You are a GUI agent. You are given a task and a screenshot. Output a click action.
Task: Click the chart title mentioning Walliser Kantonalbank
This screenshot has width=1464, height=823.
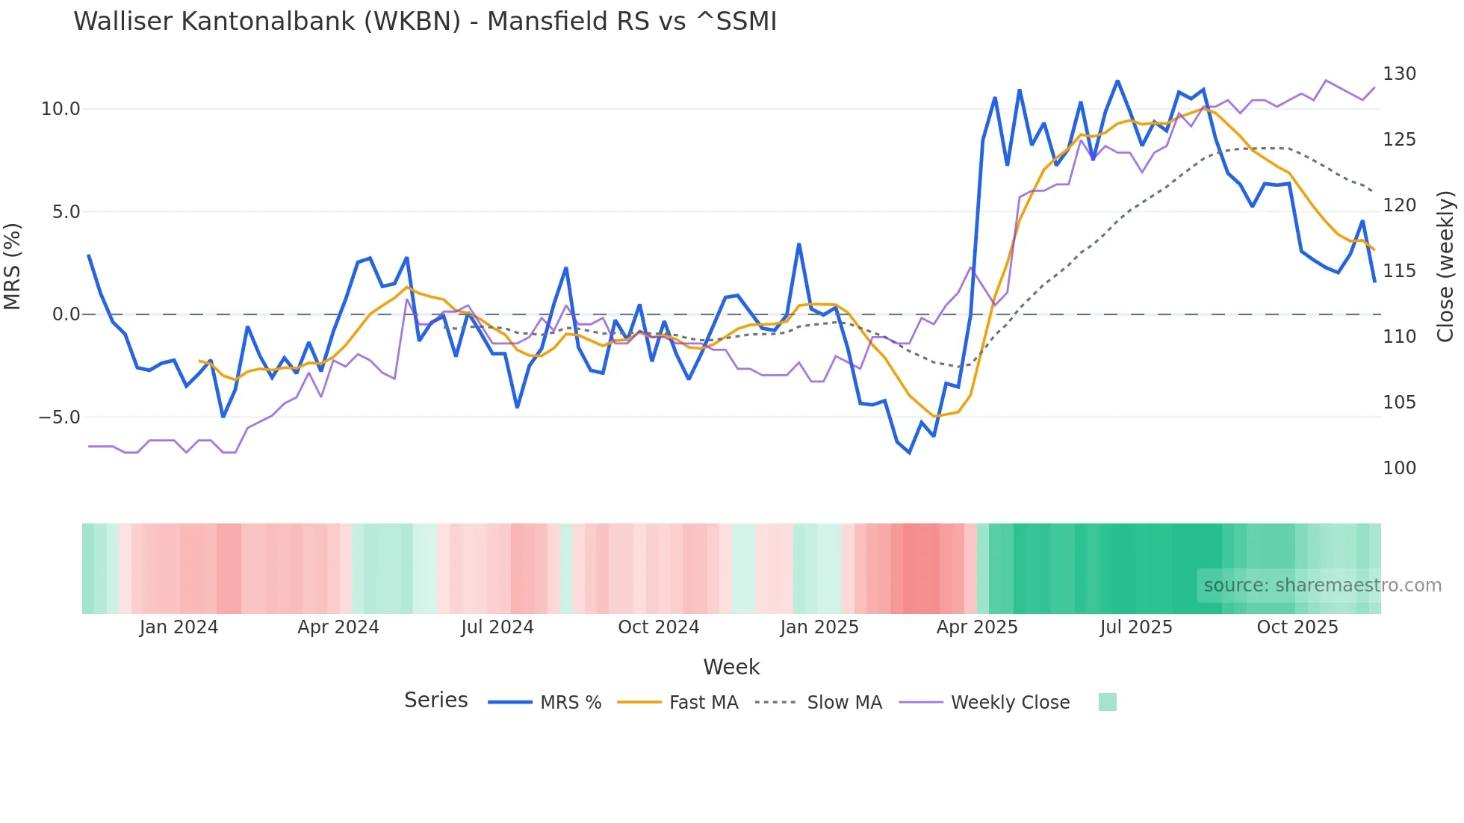click(x=425, y=22)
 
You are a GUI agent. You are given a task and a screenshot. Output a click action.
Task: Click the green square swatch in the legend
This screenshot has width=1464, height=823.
click(x=1107, y=702)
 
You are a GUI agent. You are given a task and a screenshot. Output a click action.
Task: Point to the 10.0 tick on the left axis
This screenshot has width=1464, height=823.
click(x=61, y=109)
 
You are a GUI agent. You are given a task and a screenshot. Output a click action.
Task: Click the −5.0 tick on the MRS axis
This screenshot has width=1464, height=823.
click(x=59, y=417)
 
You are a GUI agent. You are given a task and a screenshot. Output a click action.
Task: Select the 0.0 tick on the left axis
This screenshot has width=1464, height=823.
click(x=66, y=314)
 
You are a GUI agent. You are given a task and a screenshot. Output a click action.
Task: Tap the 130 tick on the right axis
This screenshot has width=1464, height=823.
click(x=1399, y=74)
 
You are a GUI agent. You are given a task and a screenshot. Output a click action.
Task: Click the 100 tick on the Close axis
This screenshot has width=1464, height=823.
click(x=1399, y=468)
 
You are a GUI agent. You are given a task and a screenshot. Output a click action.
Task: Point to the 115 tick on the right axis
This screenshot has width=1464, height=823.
click(x=1399, y=271)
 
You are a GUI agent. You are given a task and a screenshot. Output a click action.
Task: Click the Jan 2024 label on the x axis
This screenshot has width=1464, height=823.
click(x=179, y=627)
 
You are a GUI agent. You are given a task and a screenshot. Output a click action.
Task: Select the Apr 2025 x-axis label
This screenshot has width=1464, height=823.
click(x=977, y=627)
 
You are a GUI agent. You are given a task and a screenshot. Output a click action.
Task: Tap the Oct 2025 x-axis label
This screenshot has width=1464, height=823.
click(x=1297, y=627)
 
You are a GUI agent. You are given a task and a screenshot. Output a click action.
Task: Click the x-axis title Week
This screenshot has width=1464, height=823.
click(x=731, y=667)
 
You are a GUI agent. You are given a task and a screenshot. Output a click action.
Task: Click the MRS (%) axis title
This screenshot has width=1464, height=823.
click(x=12, y=266)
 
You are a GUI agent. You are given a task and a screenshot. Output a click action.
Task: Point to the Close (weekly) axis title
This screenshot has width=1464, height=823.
click(x=1445, y=266)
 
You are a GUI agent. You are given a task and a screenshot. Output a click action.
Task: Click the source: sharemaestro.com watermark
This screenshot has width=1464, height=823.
click(x=1322, y=586)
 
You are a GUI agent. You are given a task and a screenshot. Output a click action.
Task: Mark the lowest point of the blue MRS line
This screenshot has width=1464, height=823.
click(x=909, y=453)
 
